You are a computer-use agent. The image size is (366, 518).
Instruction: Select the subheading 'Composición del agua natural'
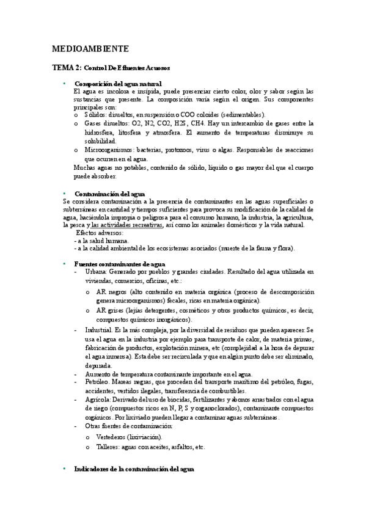click(118, 83)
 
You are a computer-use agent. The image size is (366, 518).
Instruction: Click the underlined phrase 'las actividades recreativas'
click(127, 225)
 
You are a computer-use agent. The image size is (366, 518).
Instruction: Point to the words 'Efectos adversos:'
click(99, 233)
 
